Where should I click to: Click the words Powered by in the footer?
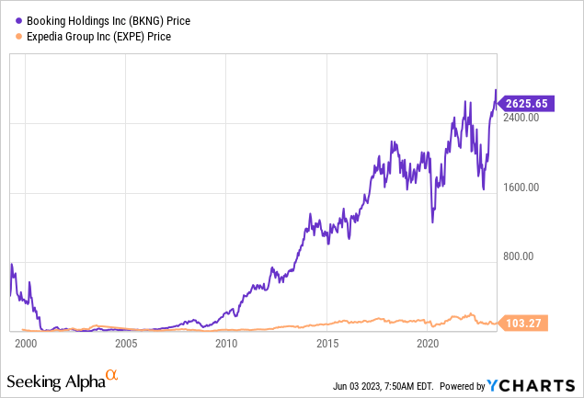pyautogui.click(x=465, y=382)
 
